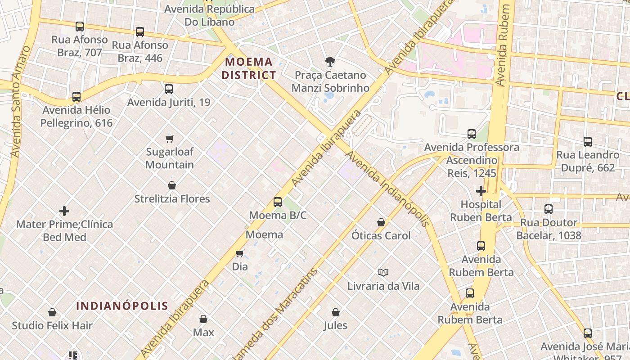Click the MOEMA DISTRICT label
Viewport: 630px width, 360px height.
click(248, 68)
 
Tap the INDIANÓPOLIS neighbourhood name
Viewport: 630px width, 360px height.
click(122, 306)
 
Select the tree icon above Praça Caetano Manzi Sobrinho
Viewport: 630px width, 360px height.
click(330, 62)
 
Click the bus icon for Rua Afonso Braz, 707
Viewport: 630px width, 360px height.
click(80, 27)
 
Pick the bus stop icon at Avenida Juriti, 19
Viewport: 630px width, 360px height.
click(169, 89)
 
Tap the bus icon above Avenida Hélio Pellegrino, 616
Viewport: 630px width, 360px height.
click(76, 97)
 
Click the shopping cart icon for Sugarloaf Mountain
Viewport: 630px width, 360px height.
click(170, 139)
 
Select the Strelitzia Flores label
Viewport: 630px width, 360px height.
click(172, 198)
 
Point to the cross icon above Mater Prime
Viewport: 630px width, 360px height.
click(64, 211)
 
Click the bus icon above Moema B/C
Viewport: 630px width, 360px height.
click(278, 202)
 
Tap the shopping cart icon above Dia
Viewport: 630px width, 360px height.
click(240, 253)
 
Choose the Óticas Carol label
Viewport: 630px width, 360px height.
click(381, 235)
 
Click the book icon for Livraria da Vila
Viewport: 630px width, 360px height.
click(383, 272)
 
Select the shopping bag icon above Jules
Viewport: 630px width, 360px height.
click(335, 312)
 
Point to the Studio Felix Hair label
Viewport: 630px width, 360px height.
click(52, 325)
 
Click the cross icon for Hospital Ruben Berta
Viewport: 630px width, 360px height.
click(481, 191)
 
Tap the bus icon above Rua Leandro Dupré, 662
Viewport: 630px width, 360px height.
click(587, 142)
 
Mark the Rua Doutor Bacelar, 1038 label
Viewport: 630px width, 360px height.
click(549, 229)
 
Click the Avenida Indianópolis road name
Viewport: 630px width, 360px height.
click(387, 189)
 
